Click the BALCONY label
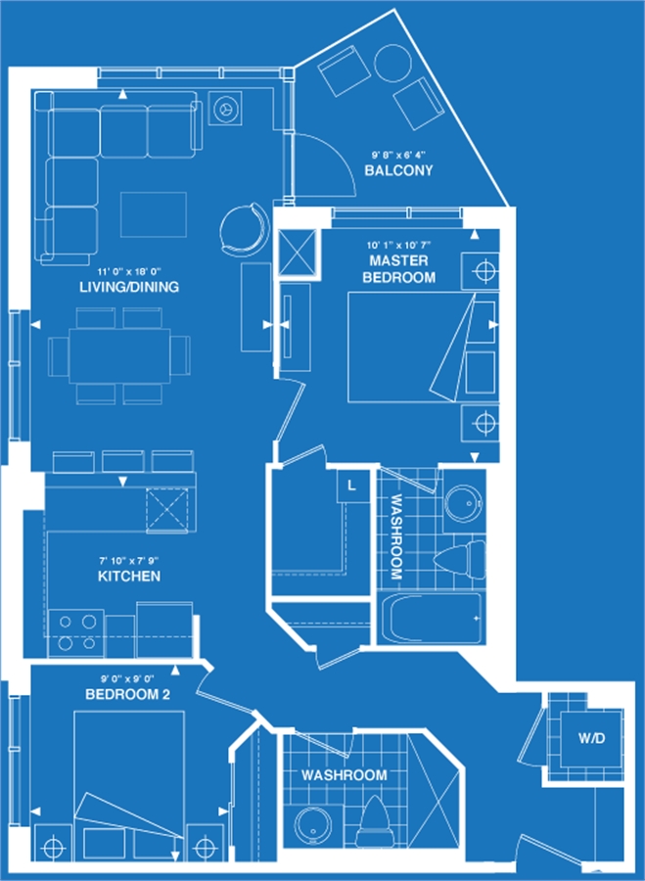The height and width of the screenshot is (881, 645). point(398,170)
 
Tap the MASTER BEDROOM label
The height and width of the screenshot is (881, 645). point(399,268)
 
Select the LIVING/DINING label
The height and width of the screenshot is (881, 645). point(129,287)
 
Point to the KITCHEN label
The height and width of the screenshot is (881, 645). point(129,576)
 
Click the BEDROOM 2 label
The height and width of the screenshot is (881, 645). point(127,694)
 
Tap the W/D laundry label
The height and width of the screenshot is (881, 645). point(591,738)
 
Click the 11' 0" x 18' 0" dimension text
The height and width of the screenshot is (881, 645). point(129,271)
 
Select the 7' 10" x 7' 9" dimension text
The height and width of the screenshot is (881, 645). point(129,561)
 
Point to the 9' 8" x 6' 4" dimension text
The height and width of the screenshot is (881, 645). point(398,155)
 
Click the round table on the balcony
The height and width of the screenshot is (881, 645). point(392,64)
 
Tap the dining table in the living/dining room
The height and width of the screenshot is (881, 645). point(119,356)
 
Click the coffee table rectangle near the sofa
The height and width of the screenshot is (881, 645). point(154,214)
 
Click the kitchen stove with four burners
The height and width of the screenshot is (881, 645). point(75,633)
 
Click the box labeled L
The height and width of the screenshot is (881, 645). point(352,486)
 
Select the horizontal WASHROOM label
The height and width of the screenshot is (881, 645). point(344,775)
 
